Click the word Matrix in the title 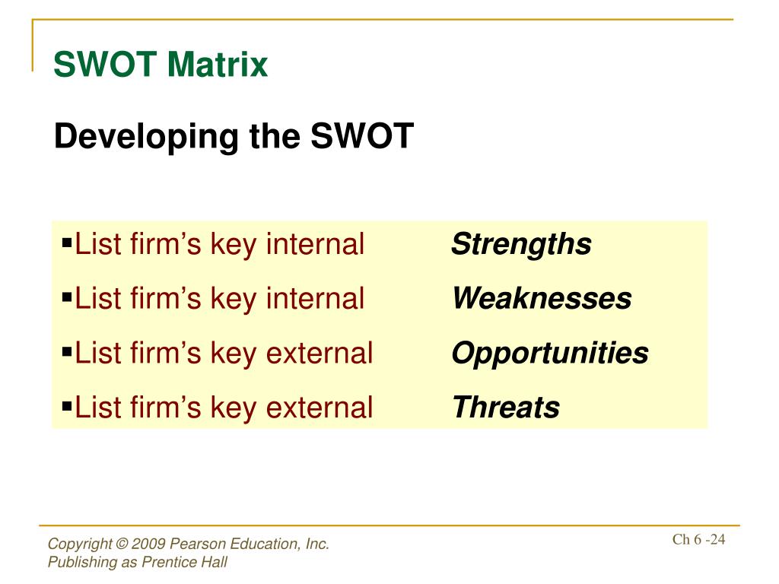point(218,65)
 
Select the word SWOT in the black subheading point(362,135)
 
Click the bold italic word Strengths point(521,245)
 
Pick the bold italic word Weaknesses point(542,298)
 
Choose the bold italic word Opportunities point(550,354)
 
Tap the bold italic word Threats point(506,408)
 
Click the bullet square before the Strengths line point(67,243)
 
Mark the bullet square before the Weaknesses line point(67,297)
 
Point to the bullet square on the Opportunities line point(67,352)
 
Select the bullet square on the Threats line point(67,407)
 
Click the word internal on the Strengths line point(316,244)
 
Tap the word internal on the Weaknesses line point(316,298)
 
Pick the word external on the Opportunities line point(320,353)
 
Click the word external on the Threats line point(320,408)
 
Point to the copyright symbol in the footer point(122,544)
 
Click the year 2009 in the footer point(148,544)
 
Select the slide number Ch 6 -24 point(698,539)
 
